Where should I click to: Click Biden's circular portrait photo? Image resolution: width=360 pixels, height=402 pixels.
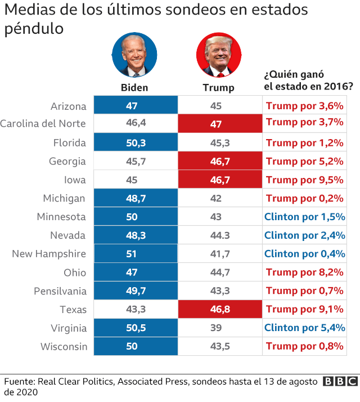coord(135,55)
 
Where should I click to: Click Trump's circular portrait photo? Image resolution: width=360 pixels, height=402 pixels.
coord(218,55)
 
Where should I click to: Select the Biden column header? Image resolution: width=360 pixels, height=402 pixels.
coord(135,87)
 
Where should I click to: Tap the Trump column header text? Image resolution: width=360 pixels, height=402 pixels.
coord(218,88)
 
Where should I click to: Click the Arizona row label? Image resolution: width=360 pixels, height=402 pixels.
coord(68,106)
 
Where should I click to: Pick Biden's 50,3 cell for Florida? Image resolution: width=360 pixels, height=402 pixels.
coord(135,143)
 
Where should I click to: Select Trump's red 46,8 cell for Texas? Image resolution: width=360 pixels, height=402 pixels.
coord(219,310)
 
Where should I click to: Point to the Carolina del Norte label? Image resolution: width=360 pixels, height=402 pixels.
coord(43,124)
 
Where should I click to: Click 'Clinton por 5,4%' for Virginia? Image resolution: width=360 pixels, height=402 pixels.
coord(304,328)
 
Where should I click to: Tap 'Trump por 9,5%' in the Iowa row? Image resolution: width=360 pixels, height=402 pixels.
coord(304,180)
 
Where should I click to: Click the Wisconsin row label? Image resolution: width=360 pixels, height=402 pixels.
coord(64,346)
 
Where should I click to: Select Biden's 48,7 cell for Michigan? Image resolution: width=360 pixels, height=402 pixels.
coord(135,198)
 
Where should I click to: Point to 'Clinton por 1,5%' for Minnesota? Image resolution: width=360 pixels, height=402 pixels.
coord(304,217)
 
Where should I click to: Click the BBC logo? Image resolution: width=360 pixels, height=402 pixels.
coord(339,382)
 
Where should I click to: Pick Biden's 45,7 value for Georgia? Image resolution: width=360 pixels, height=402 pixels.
coord(135,162)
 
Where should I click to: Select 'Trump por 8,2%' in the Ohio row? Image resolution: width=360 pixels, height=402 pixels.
coord(304,273)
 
